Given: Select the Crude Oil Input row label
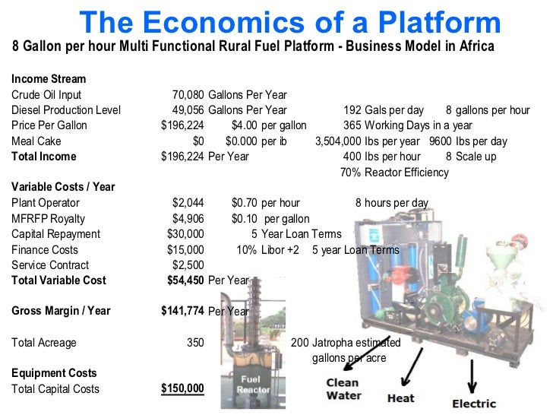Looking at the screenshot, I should [46, 95].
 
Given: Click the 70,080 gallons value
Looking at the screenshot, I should [188, 95].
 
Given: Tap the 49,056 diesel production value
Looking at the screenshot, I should [188, 110].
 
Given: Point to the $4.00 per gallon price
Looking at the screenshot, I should [242, 125].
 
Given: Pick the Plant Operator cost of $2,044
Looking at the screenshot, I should [188, 203].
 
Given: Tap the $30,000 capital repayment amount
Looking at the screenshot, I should [186, 234].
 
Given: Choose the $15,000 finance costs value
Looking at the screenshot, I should [186, 250].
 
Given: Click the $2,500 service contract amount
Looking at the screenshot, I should [188, 265].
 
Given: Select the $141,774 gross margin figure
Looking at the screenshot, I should [183, 311].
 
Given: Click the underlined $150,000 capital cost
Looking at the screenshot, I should [183, 388].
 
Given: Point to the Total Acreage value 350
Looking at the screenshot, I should [195, 343].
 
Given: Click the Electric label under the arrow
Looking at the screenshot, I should [474, 404].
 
